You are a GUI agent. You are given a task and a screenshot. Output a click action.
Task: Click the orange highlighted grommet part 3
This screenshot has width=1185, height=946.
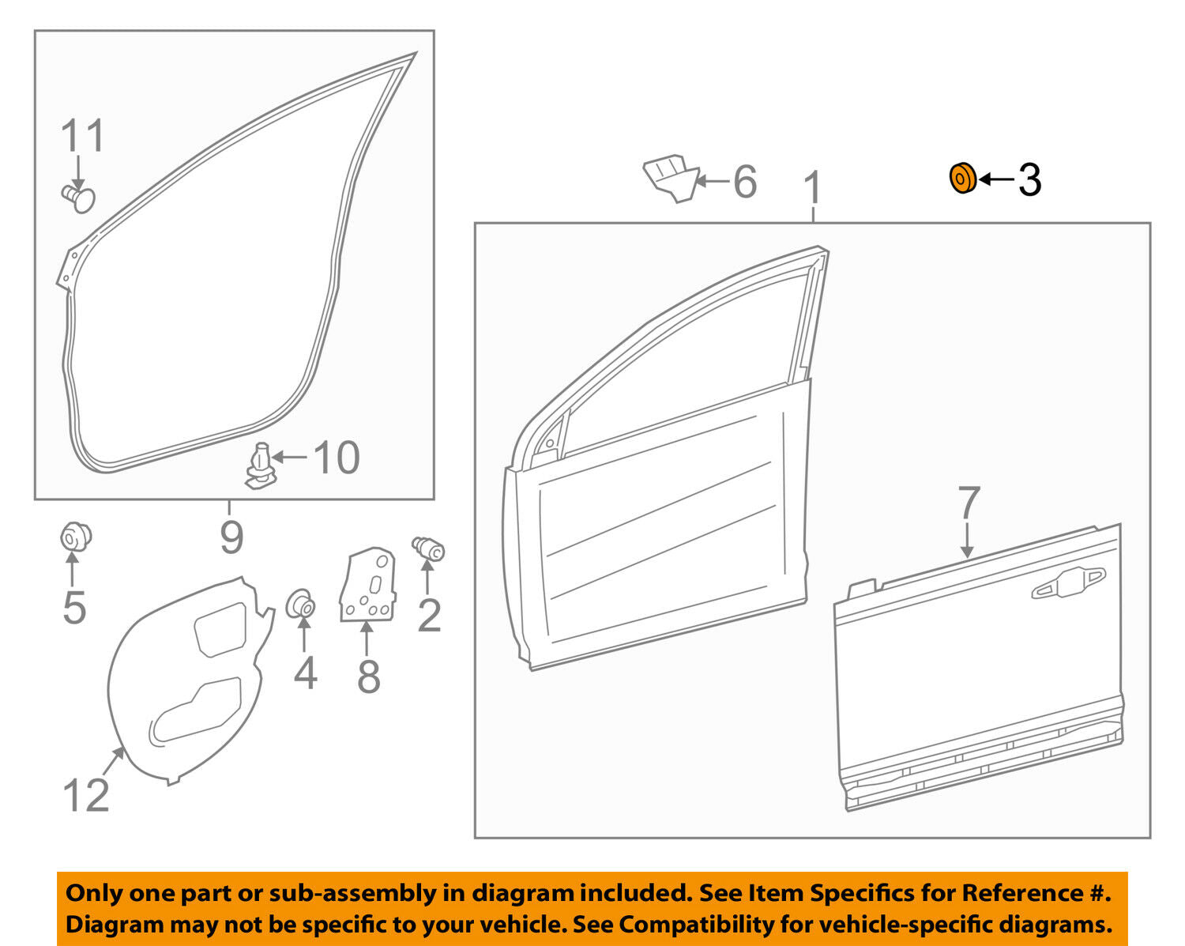coord(962,179)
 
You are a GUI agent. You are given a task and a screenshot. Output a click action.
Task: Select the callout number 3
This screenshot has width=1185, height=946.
coord(1029,180)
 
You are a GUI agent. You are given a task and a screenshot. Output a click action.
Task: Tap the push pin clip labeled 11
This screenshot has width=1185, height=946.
coord(77,197)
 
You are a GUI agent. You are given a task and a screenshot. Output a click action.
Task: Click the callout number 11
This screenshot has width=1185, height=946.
coord(83,136)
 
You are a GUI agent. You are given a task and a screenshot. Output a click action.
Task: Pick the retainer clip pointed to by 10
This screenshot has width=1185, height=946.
coord(260,466)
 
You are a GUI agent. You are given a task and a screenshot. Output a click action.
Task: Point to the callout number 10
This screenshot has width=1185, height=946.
coord(337,458)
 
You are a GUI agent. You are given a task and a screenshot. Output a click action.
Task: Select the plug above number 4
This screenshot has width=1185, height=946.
coord(301,605)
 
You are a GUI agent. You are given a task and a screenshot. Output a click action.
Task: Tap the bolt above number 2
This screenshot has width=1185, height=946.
coord(429,548)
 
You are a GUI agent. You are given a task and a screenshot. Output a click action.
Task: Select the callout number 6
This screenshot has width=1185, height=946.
coord(745,181)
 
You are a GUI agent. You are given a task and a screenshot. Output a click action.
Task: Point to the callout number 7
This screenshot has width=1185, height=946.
coord(969,503)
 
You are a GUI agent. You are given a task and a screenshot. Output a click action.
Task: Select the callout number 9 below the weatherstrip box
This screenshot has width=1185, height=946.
coord(231,537)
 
